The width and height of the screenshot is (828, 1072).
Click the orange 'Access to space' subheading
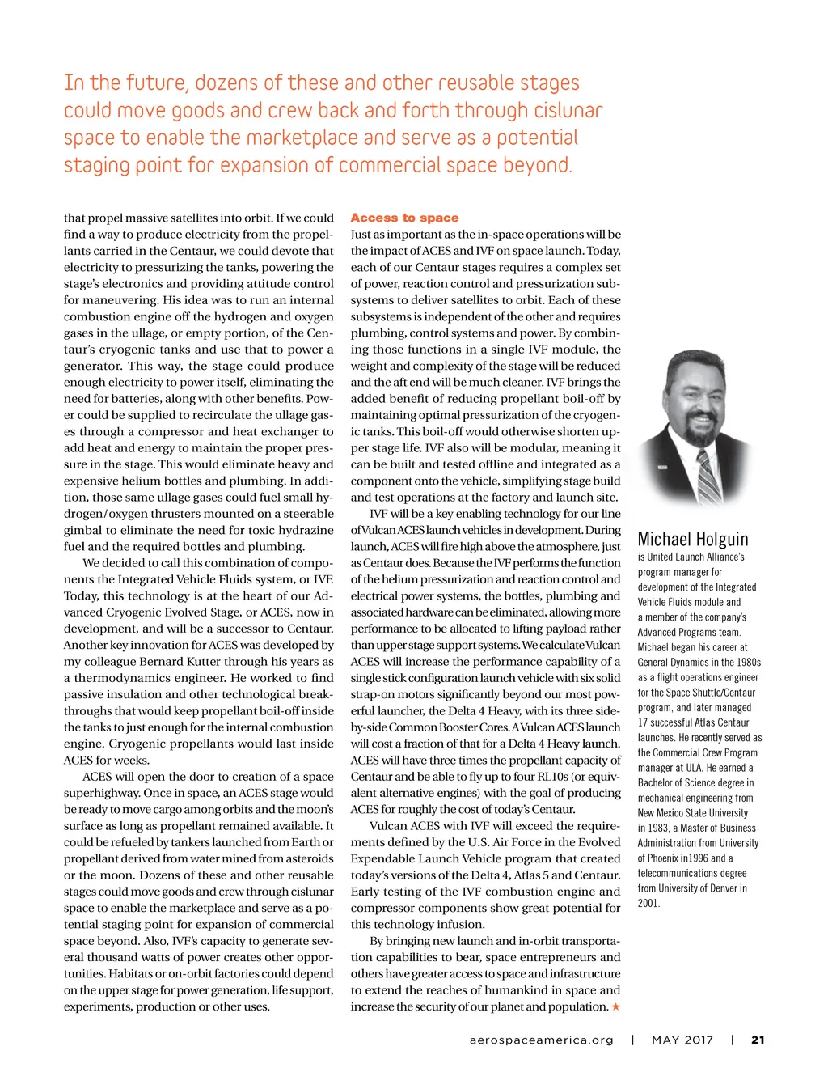pos(404,218)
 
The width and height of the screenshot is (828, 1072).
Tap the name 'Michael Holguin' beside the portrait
pos(693,539)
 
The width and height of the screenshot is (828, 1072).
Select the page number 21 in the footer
pos(758,1040)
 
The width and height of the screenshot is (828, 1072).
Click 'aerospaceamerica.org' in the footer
pos(541,1040)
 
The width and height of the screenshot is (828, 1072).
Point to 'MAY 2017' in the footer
pos(682,1040)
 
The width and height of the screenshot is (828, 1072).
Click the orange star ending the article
pos(616,1006)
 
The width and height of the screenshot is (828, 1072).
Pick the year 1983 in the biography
pos(649,828)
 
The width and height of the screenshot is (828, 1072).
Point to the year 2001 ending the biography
pos(648,903)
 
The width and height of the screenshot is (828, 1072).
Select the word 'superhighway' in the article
pos(101,793)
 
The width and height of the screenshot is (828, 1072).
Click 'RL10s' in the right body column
pos(555,777)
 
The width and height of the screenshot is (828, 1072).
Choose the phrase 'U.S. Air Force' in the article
pos(506,842)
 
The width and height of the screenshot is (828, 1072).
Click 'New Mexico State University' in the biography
pos(692,813)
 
